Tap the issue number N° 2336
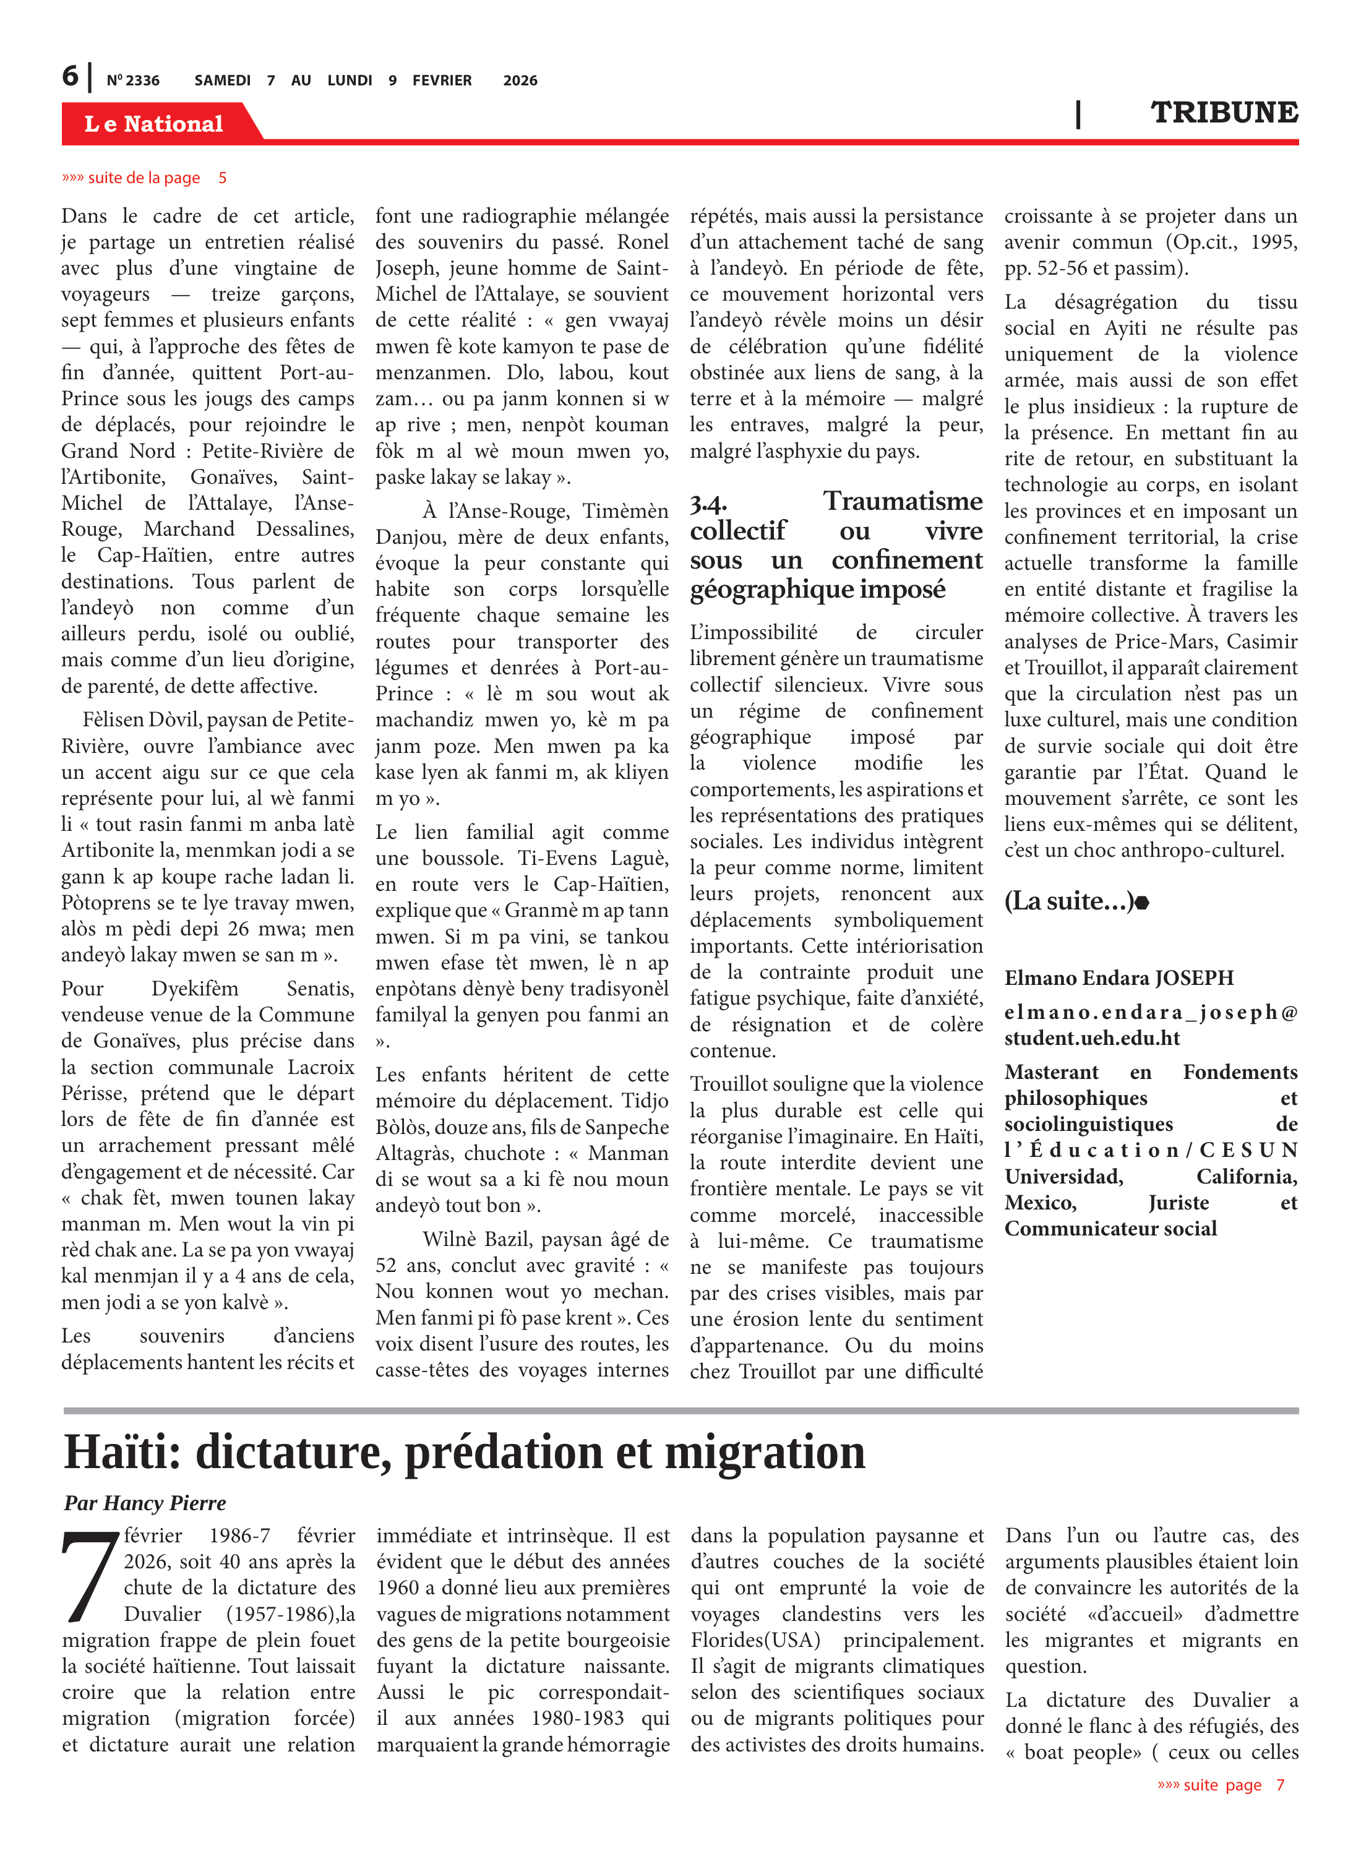pos(132,80)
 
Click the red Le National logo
pos(154,124)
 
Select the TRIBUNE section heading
pos(1224,113)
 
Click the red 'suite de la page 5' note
pos(144,178)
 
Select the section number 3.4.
pos(708,504)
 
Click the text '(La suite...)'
pos(1068,901)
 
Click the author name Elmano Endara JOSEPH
pos(1118,978)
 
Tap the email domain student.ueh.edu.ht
pos(1092,1038)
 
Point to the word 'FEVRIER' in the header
pos(442,80)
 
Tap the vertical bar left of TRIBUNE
pos(1078,114)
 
